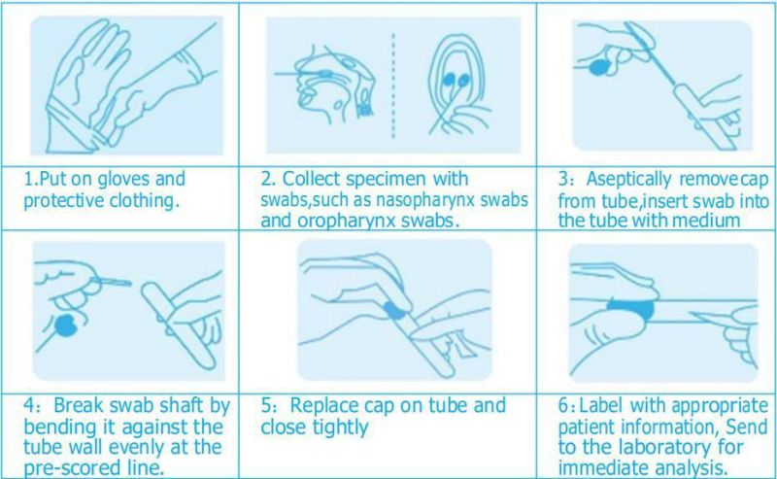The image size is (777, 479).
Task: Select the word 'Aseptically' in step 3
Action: point(628,180)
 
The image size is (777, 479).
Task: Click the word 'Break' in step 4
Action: point(79,405)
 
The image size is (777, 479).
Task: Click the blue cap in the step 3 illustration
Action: point(599,67)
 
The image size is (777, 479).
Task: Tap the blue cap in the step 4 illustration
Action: point(66,325)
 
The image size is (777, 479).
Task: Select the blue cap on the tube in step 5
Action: point(395,310)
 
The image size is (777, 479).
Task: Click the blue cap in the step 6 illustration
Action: point(631,308)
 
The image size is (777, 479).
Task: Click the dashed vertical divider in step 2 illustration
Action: point(393,85)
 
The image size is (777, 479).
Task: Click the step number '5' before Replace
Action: point(266,405)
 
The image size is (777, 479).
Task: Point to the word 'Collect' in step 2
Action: point(311,179)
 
